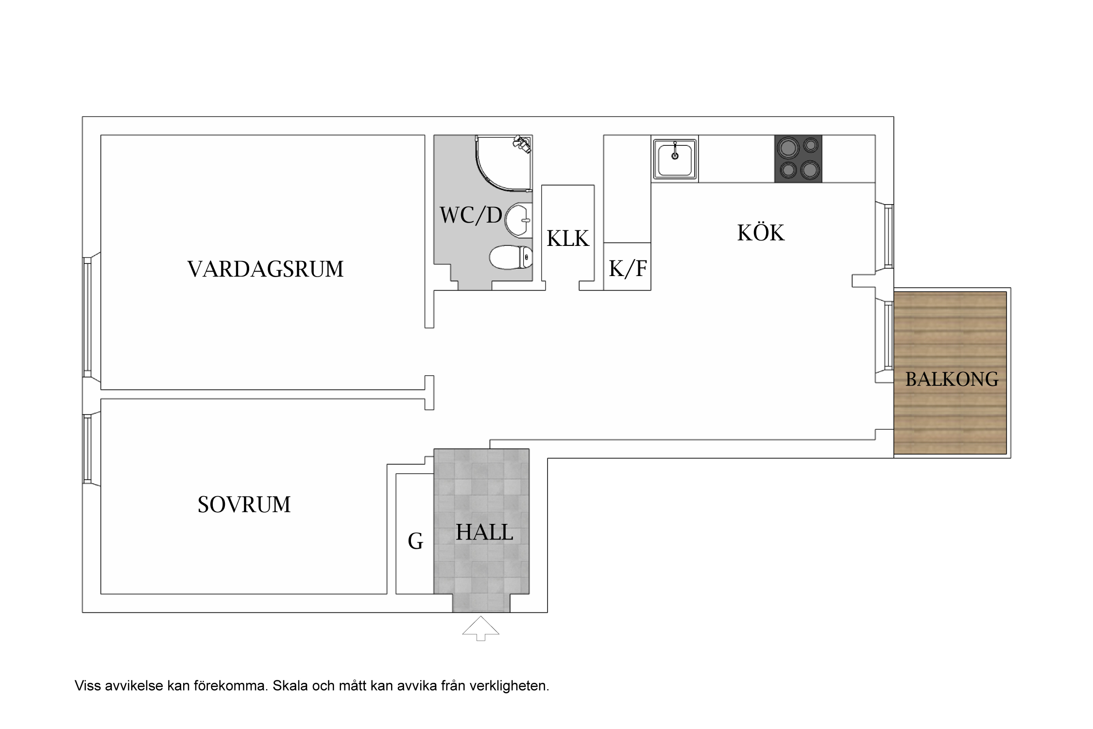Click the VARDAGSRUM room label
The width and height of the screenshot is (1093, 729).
click(x=265, y=269)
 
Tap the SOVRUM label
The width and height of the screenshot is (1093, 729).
click(x=244, y=504)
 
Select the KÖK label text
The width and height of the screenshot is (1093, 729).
click(x=760, y=233)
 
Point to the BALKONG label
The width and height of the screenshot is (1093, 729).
click(x=952, y=379)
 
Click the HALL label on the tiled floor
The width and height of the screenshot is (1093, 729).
click(x=484, y=532)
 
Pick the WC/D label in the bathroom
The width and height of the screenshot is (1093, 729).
click(x=470, y=215)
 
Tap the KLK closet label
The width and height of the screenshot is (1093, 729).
click(x=567, y=239)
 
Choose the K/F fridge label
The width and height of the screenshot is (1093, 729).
click(x=627, y=268)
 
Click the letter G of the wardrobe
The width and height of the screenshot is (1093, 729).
click(x=415, y=541)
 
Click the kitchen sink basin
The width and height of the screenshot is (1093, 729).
click(x=675, y=158)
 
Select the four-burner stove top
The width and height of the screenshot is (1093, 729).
click(x=798, y=158)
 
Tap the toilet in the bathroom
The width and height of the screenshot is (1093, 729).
click(x=510, y=257)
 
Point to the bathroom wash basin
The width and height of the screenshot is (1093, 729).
click(x=518, y=221)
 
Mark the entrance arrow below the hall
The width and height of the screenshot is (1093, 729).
click(x=480, y=628)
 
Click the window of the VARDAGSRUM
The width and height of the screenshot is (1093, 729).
click(x=87, y=317)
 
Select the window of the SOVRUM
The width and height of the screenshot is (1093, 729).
click(x=87, y=449)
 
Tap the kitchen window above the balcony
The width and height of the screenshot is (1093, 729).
click(x=888, y=236)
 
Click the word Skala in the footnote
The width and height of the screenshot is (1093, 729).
click(x=290, y=686)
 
